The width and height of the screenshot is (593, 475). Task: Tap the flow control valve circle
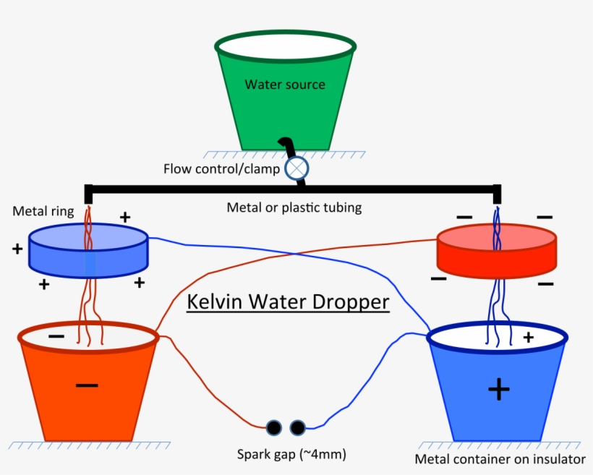[x=296, y=168]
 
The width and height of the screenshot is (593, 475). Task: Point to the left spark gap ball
[x=274, y=428]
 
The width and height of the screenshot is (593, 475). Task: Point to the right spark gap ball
[x=297, y=428]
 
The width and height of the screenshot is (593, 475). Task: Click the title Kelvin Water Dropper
[x=289, y=302]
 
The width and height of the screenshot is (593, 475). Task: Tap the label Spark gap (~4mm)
[x=291, y=455]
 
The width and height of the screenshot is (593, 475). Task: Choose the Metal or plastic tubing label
[x=294, y=208]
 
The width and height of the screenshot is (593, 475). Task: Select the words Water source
[x=285, y=85]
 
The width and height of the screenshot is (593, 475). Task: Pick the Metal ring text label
[x=43, y=211]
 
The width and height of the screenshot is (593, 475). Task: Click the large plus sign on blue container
[x=498, y=390]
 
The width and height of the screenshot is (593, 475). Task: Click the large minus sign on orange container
[x=87, y=385]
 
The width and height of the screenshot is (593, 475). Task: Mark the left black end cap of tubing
[x=89, y=194]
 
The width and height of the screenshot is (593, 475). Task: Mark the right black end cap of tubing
[x=497, y=194]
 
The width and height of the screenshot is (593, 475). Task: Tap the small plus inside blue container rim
[x=528, y=337]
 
